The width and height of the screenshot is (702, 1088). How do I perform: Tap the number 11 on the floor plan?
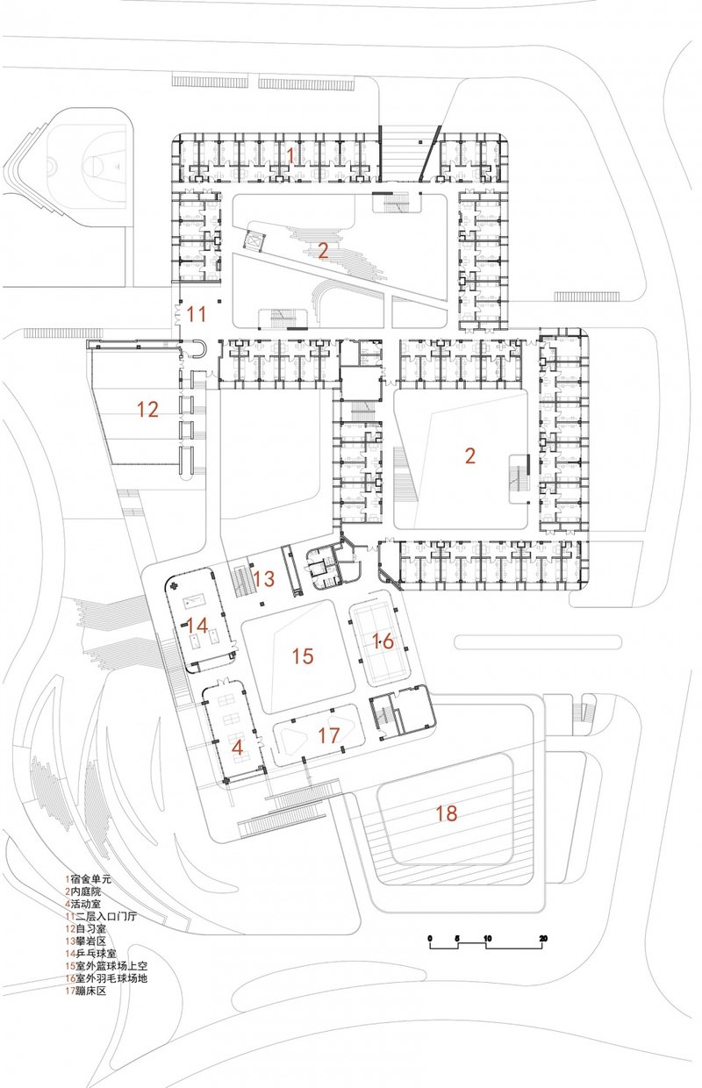tap(196, 312)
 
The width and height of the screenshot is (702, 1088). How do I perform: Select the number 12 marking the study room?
tap(147, 408)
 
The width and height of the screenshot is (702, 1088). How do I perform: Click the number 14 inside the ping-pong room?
tap(197, 626)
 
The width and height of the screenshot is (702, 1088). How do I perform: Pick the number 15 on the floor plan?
tap(302, 655)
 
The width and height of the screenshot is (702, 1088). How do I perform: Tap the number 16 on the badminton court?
tap(383, 641)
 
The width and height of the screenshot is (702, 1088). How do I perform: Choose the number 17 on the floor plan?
tap(328, 735)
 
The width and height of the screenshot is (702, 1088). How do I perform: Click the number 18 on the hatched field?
tap(446, 813)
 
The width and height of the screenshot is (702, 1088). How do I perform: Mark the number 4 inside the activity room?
tap(236, 748)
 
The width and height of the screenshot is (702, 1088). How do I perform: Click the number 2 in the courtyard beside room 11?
tap(323, 252)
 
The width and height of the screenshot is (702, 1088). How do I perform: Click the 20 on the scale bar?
tap(543, 939)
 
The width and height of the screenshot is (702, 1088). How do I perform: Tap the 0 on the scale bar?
tap(430, 939)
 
